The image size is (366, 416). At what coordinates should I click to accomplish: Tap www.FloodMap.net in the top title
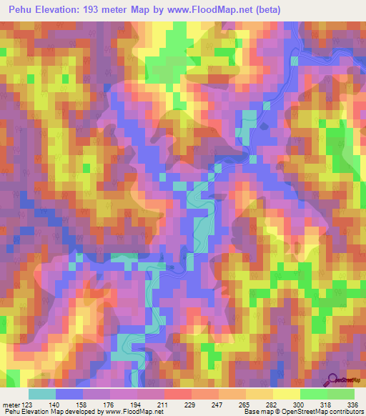coord(212,9)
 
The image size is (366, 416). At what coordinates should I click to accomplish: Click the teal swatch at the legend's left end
coord(42,393)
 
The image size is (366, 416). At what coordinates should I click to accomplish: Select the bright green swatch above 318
coord(314,393)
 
